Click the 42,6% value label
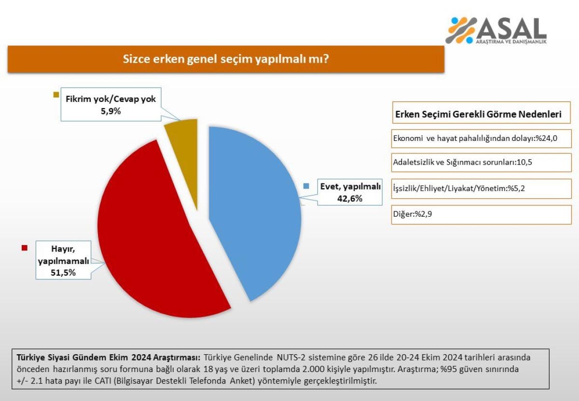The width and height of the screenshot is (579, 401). click(x=350, y=198)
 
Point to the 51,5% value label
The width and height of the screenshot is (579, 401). click(x=64, y=273)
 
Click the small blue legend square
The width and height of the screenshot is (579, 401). click(x=306, y=186)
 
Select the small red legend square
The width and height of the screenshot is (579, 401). click(x=25, y=248)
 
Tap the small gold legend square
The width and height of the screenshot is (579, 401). click(x=56, y=95)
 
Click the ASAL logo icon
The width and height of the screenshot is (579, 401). click(x=462, y=30)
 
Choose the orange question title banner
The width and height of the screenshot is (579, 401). click(x=226, y=59)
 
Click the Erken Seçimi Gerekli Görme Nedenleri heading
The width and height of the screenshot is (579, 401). click(x=478, y=115)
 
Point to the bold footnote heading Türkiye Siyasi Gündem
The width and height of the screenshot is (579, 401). click(x=109, y=358)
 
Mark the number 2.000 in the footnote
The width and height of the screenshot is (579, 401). click(x=283, y=370)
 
